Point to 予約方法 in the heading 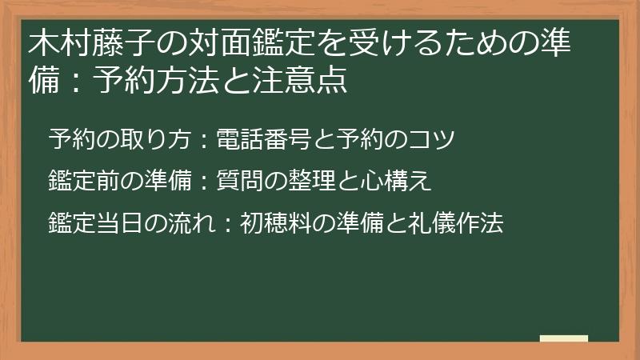[151, 81]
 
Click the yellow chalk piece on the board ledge [563, 338]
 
